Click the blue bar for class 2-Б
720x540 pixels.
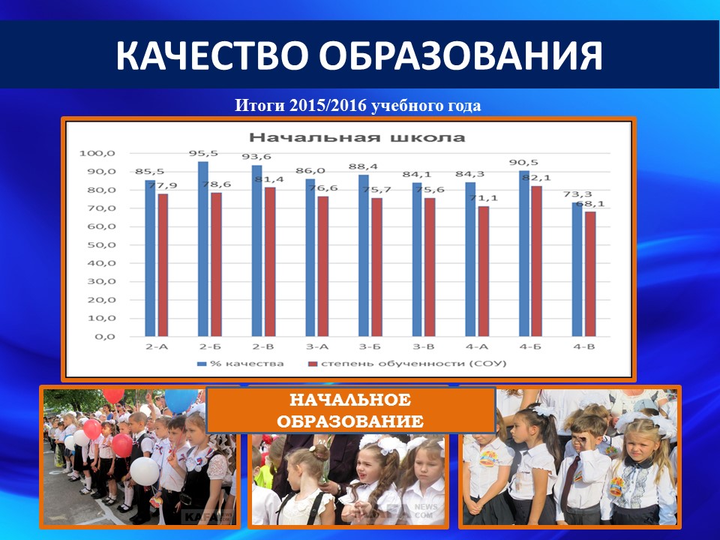tap(203, 249)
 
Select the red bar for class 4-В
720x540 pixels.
tap(590, 274)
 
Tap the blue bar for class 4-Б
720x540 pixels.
tap(524, 253)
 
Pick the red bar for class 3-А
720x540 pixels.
tap(323, 266)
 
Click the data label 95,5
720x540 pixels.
tap(203, 153)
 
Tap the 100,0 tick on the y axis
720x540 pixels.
tap(97, 153)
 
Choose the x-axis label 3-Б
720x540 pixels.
tap(370, 346)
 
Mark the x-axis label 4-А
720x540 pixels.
tap(477, 346)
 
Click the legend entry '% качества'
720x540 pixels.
tap(240, 364)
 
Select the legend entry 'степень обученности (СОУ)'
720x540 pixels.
tap(406, 364)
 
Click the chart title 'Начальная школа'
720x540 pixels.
tap(357, 137)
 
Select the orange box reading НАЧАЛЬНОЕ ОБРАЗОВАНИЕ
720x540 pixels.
tap(351, 410)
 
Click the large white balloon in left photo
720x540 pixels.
tap(144, 471)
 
